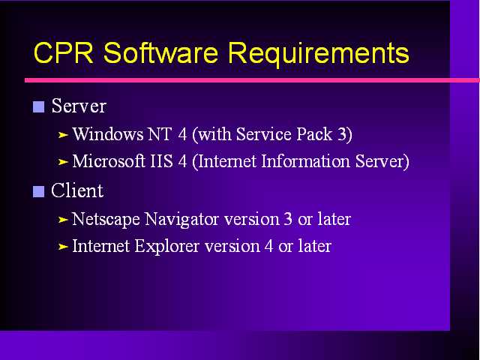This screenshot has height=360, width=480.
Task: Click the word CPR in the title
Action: point(63,52)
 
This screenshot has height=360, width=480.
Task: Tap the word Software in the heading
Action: point(160,52)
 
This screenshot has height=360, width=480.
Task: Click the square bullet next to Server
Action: point(38,106)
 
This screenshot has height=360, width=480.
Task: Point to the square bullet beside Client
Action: point(38,192)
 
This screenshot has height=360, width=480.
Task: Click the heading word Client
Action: point(77,190)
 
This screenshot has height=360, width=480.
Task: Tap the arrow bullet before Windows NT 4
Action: point(63,135)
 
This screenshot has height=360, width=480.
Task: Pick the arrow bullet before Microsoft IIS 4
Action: point(63,162)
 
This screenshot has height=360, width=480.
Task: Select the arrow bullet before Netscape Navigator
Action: point(63,220)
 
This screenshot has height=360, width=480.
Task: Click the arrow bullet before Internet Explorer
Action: point(63,247)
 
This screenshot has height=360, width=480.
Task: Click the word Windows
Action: point(108,134)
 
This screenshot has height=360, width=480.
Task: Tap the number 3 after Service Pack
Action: point(342,134)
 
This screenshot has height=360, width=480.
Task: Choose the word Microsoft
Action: point(109,161)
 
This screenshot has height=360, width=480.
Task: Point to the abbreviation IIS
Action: point(162,161)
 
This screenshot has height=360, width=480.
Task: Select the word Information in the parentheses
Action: point(305,161)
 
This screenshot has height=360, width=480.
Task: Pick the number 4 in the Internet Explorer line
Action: point(269,246)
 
